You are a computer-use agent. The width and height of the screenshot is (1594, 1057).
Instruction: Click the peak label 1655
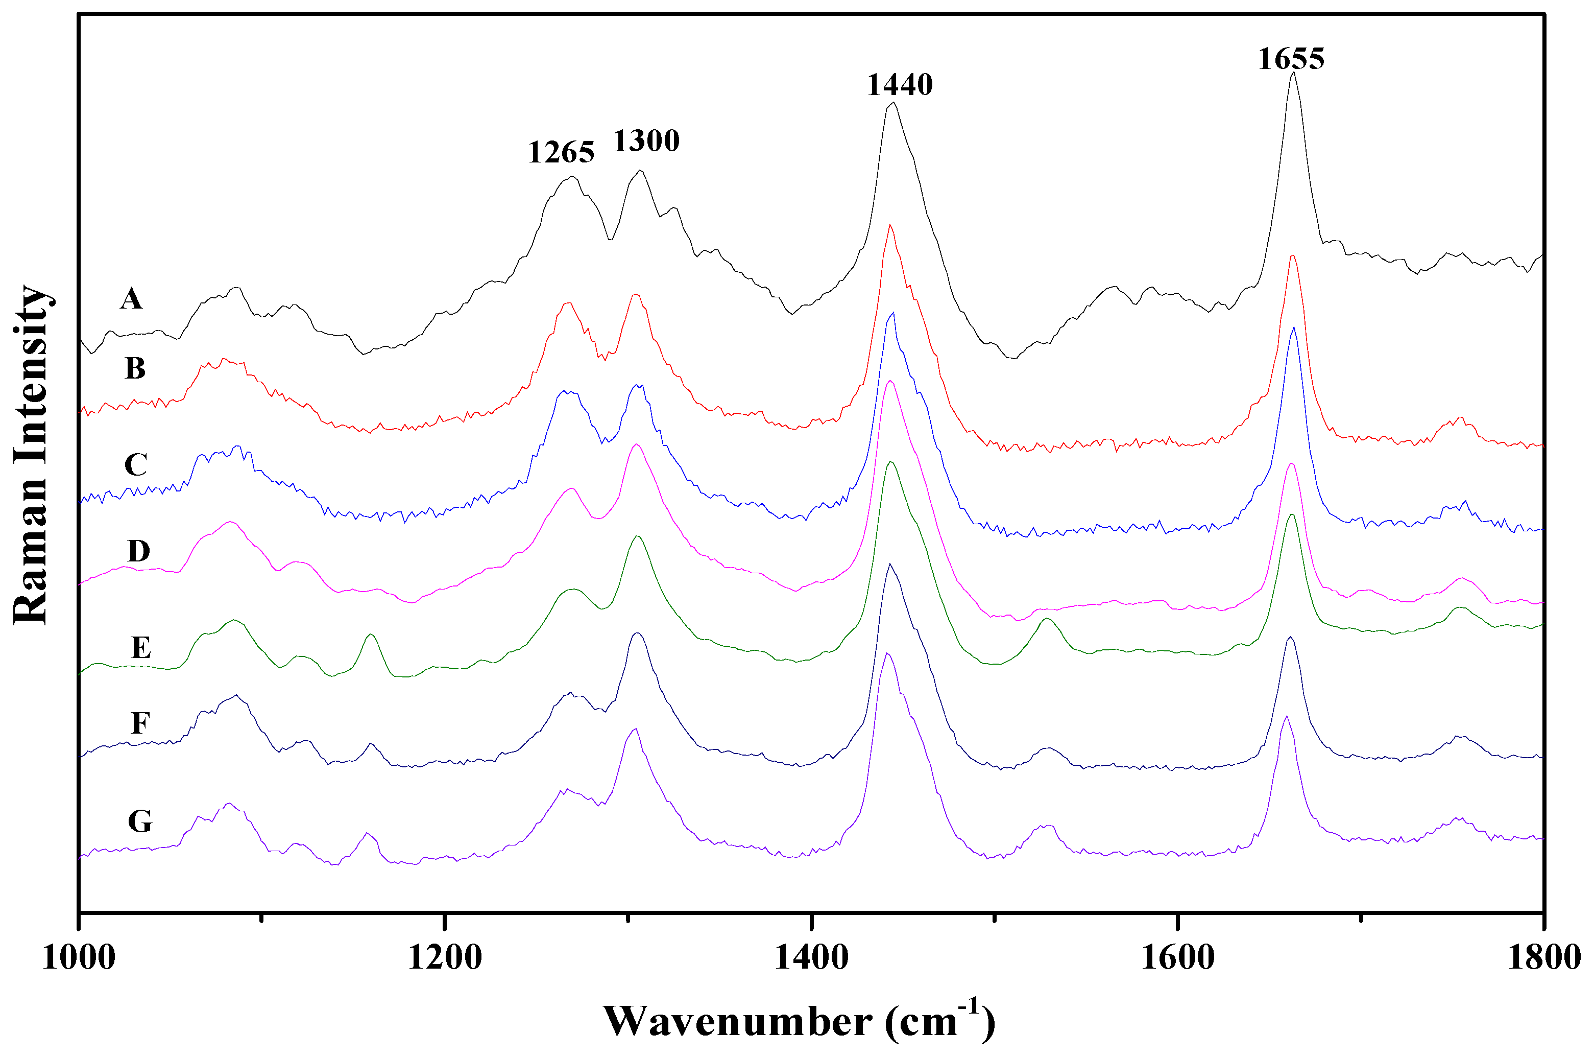[x=1290, y=59]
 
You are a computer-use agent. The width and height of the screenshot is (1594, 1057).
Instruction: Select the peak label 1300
[x=645, y=142]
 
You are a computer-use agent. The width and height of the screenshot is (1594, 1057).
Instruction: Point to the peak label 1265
[x=561, y=153]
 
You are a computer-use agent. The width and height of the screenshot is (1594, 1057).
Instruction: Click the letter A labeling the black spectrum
[x=131, y=298]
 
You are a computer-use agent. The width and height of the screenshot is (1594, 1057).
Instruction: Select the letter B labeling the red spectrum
[x=135, y=369]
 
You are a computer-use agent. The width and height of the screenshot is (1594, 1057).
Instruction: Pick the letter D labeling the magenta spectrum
[x=139, y=551]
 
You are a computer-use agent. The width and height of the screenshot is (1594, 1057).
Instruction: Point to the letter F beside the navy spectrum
[x=139, y=723]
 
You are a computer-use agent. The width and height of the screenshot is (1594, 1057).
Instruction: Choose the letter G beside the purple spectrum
[x=139, y=821]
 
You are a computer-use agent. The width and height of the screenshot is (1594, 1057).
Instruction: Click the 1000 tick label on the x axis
[x=78, y=958]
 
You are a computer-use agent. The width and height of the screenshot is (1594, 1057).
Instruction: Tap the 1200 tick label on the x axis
[x=444, y=958]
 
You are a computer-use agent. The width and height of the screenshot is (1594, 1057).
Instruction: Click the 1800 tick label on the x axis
[x=1543, y=958]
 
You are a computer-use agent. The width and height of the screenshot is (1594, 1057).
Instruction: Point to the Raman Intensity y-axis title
[x=30, y=455]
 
